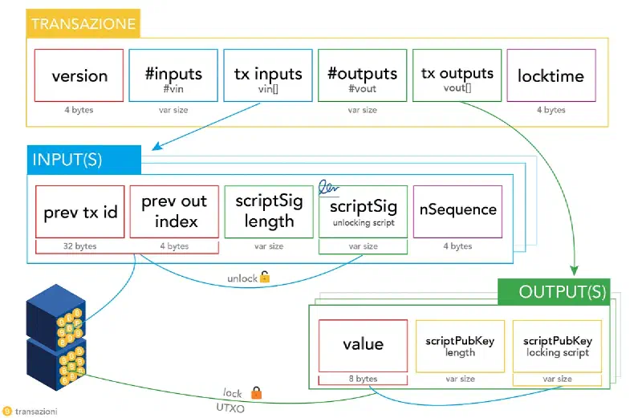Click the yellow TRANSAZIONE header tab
point(83,23)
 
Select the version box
point(79,75)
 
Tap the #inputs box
point(173,75)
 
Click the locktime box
point(551,75)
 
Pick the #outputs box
point(363,75)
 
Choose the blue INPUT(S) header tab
point(84,160)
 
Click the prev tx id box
point(79,212)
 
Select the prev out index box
point(174,212)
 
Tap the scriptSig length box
point(269,212)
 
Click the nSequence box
point(457,212)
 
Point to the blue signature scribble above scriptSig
point(328,188)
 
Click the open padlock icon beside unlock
point(265,277)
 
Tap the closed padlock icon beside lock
point(256,392)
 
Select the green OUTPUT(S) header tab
point(554,292)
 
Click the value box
point(364,346)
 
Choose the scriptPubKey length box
point(460,347)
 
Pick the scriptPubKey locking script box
point(557,347)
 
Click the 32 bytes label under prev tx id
point(79,246)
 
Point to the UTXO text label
point(230,408)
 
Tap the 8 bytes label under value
point(364,379)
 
